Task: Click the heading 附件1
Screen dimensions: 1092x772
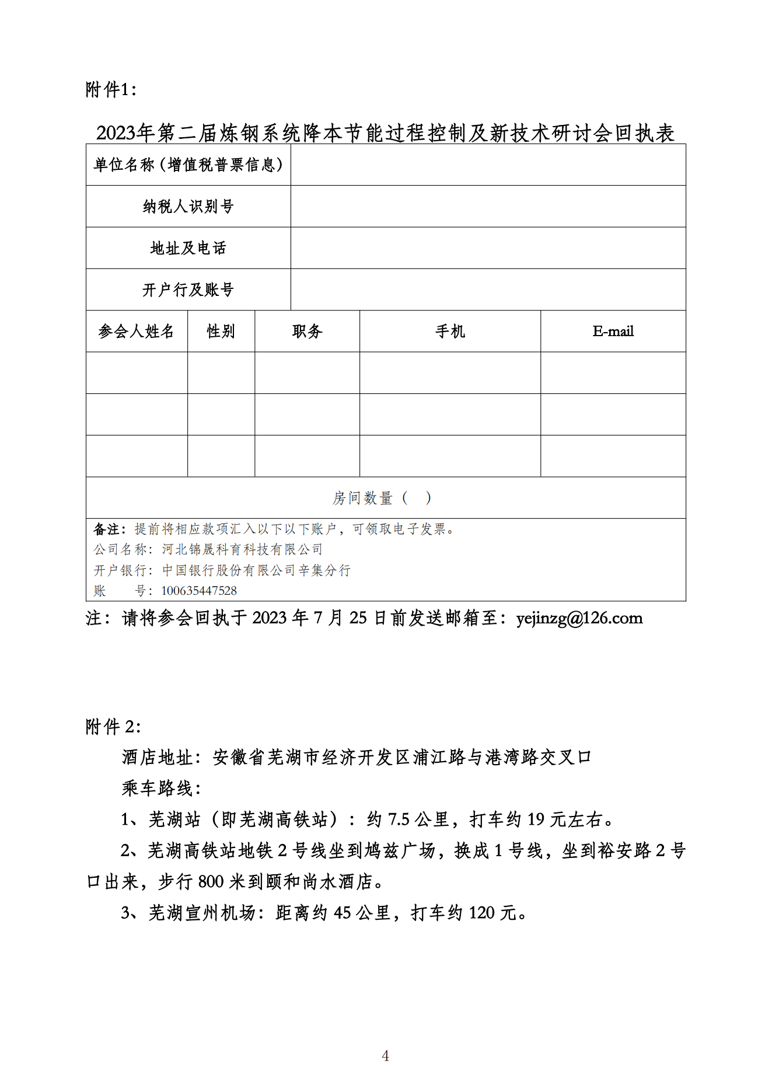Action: point(111,89)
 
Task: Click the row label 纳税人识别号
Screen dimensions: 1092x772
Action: point(188,207)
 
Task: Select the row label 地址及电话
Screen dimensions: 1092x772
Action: point(188,248)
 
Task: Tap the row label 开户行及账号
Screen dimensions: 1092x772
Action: point(188,289)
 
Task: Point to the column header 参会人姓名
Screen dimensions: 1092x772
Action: point(136,332)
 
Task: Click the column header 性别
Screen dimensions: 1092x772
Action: point(221,332)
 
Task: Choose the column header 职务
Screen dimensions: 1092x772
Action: point(307,332)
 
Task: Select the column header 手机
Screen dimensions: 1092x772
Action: point(450,332)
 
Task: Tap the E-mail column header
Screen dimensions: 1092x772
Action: point(613,332)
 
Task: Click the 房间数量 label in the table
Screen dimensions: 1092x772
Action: point(362,498)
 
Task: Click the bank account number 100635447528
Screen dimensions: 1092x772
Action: point(199,591)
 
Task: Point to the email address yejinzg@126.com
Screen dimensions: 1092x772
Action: point(579,618)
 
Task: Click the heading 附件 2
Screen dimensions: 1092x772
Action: point(113,727)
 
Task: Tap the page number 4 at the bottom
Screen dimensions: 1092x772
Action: point(385,1055)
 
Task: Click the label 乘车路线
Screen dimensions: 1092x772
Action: point(160,789)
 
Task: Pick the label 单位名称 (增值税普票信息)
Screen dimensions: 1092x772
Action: point(188,165)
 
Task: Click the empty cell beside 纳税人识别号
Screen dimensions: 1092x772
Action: point(488,207)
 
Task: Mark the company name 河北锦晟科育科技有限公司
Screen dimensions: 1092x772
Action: point(242,549)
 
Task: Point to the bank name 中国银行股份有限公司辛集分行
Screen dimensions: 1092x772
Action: point(256,570)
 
